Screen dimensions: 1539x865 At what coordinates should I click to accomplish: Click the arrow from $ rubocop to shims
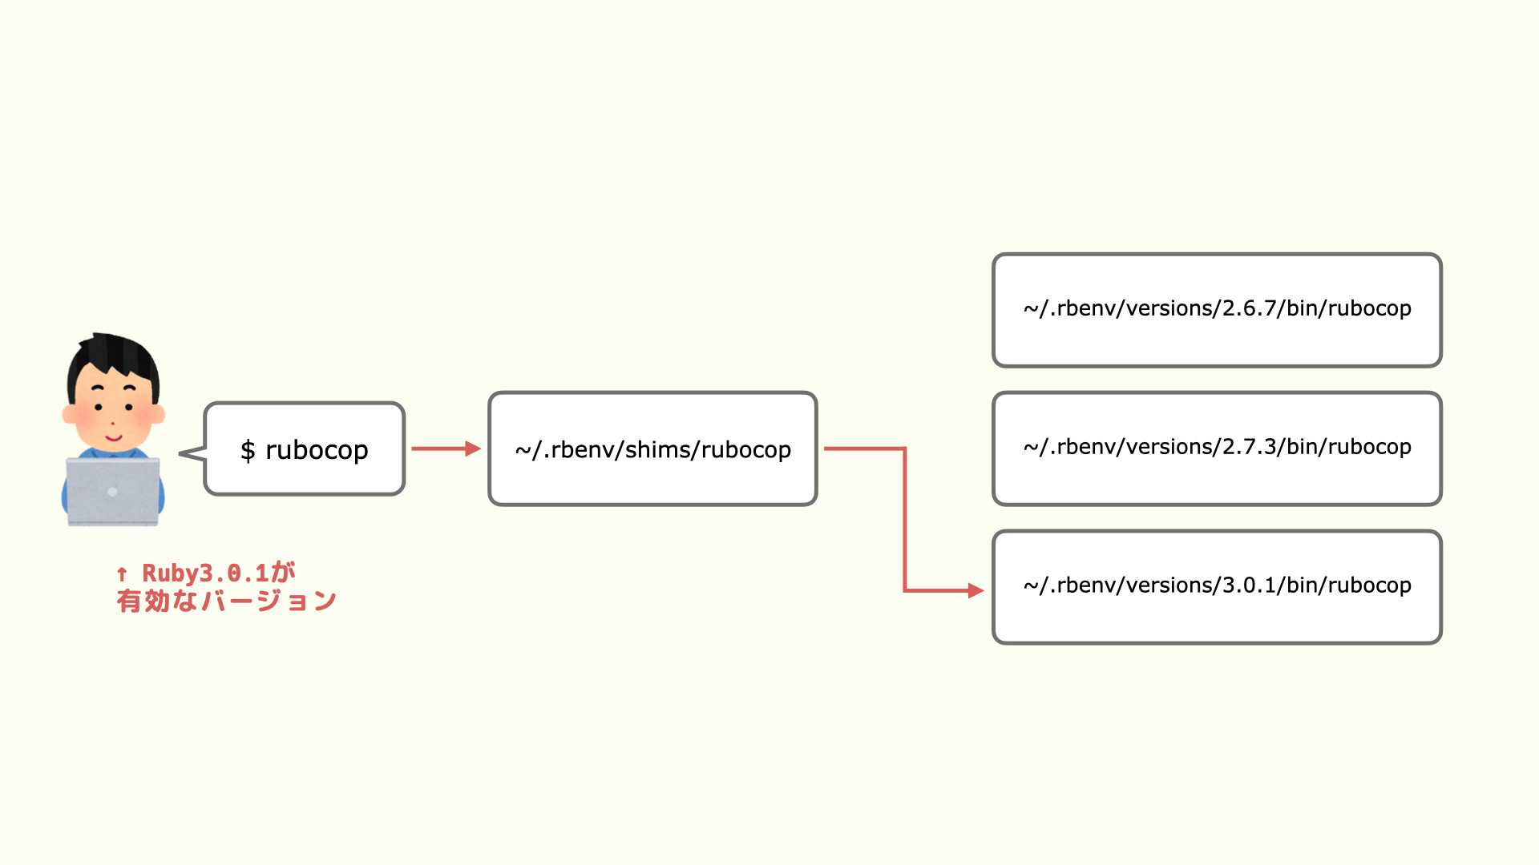point(446,449)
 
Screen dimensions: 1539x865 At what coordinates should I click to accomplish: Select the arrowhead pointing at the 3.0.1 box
point(976,590)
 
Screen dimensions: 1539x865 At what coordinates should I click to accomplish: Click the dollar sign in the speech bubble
point(248,450)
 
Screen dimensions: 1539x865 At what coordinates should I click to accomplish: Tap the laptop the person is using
point(113,491)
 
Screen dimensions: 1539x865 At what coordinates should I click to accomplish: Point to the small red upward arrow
point(122,573)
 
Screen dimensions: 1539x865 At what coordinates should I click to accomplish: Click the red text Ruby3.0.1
point(205,573)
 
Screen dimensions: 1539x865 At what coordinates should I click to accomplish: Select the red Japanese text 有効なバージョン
point(226,601)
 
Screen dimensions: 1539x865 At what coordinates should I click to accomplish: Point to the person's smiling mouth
point(113,438)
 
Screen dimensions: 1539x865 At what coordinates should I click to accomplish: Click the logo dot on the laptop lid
point(112,492)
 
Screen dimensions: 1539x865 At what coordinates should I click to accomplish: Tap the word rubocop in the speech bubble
point(317,451)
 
